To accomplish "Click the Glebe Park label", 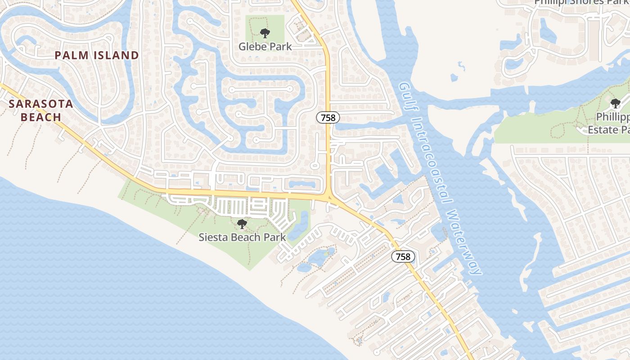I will click(x=265, y=46).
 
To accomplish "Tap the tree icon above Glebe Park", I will click(x=265, y=33).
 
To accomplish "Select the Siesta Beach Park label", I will click(x=242, y=237).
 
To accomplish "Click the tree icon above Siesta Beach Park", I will click(x=242, y=224).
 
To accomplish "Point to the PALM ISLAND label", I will click(x=97, y=55).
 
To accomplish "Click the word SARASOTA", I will click(x=41, y=104).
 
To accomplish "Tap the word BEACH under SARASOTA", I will click(x=41, y=117).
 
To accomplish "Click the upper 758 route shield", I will click(x=328, y=118).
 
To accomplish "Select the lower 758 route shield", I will click(x=403, y=256).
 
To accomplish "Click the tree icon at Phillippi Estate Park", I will click(x=615, y=103).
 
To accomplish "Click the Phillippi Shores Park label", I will click(x=580, y=2).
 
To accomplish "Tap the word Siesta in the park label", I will click(x=213, y=237).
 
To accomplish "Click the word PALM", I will click(x=70, y=55).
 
